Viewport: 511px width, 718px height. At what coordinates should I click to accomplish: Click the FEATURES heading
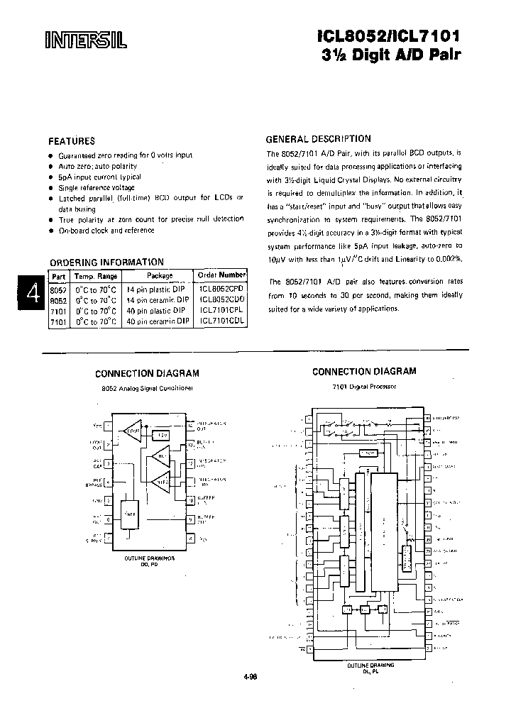tap(71, 140)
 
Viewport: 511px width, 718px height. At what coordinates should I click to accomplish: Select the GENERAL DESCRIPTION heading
tap(318, 139)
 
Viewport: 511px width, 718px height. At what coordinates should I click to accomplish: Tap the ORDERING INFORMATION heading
tap(106, 262)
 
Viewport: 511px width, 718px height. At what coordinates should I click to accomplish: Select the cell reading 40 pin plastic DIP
tap(158, 311)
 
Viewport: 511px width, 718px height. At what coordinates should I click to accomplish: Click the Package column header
tap(160, 275)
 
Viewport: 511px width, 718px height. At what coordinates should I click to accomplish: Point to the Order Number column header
tap(222, 275)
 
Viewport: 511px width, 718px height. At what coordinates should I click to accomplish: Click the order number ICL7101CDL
tap(222, 321)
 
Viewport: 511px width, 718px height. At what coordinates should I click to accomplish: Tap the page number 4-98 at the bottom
tap(249, 676)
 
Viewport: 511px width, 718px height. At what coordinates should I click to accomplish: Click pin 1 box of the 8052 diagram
tap(108, 427)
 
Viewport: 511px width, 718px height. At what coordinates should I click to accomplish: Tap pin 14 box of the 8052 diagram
tap(190, 427)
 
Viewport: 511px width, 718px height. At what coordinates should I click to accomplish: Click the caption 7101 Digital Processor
tap(364, 389)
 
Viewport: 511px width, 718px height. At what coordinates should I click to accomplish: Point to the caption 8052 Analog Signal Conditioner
tap(147, 389)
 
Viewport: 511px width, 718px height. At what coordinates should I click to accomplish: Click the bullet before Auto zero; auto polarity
tap(51, 165)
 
